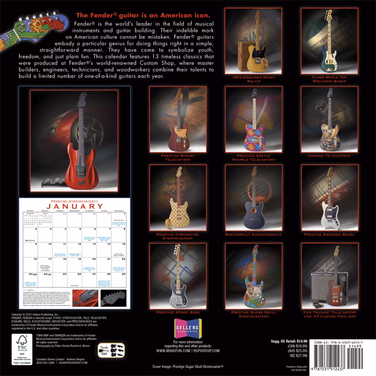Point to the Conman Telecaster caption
coord(330,157)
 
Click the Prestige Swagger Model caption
coord(330,234)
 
